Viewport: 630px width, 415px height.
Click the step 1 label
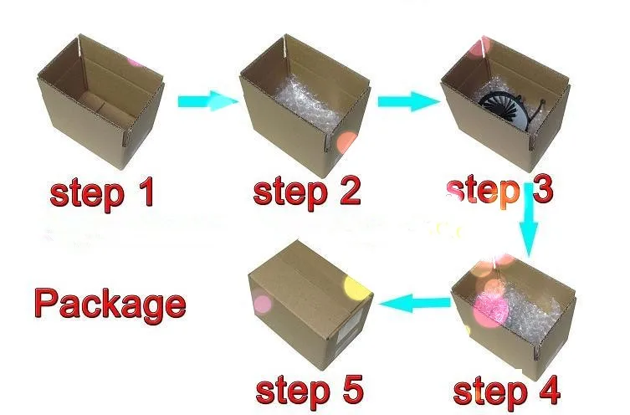[x=102, y=194]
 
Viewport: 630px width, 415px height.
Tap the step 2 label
[x=307, y=192]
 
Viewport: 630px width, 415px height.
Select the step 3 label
[x=499, y=192]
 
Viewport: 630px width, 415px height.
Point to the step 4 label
[x=506, y=391]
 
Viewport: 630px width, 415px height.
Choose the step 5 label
[x=310, y=390]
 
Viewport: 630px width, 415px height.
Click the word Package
[x=110, y=304]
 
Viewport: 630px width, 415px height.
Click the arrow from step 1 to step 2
[x=208, y=101]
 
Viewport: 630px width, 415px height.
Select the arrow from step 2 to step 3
[x=408, y=101]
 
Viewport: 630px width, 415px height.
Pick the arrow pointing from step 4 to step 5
[x=414, y=303]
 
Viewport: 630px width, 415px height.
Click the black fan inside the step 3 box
[x=503, y=108]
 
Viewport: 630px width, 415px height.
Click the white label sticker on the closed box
[x=346, y=332]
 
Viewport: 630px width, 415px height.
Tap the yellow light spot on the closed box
[x=356, y=288]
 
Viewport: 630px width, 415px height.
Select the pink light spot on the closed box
[x=262, y=304]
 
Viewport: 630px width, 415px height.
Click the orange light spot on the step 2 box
[x=346, y=143]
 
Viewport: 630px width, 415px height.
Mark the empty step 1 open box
[x=101, y=101]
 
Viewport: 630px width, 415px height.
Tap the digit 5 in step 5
[x=351, y=389]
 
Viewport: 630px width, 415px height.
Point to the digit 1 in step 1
[x=146, y=192]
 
